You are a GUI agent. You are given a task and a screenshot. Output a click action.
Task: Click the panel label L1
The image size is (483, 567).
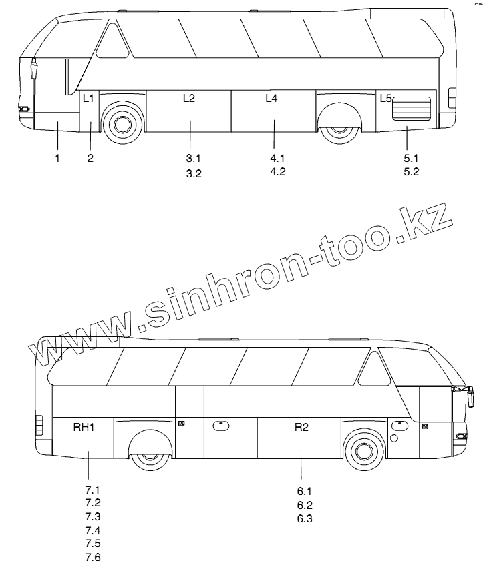(x=89, y=98)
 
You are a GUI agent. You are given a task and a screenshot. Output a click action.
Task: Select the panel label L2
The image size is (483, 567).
(x=189, y=98)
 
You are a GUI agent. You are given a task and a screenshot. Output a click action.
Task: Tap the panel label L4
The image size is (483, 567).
(x=271, y=98)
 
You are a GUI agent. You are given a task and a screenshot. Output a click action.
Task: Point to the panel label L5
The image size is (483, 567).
(x=385, y=98)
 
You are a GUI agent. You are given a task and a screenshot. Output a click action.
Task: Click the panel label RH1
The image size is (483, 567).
(x=84, y=428)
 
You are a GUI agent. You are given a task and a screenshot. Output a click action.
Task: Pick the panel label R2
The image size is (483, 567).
(x=301, y=428)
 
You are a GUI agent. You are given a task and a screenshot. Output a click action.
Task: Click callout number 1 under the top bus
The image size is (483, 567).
(x=58, y=158)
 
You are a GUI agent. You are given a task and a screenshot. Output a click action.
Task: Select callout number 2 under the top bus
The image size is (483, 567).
(x=90, y=158)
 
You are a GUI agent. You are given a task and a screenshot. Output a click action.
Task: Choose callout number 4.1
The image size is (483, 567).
(x=277, y=158)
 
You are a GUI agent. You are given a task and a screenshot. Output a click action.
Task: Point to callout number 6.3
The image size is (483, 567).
(x=305, y=518)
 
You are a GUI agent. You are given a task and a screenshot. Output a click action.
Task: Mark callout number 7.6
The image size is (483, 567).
(x=92, y=558)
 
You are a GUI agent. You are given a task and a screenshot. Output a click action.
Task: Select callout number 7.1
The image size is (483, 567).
(x=92, y=489)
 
